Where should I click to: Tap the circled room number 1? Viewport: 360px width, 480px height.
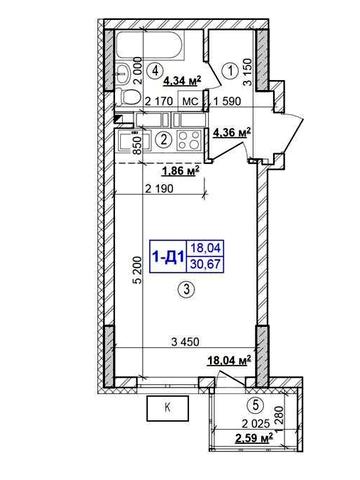(229, 71)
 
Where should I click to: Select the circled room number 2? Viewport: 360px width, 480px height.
(162, 140)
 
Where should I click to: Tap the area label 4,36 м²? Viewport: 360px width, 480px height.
(231, 132)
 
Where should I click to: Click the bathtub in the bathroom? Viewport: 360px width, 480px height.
(155, 45)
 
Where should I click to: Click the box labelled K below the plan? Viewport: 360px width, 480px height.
(167, 408)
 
